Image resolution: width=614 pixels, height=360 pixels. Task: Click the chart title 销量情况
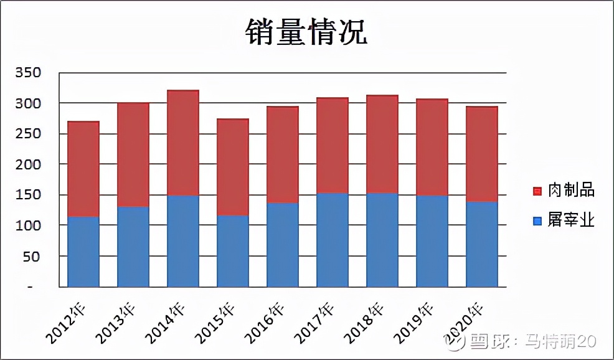point(306,32)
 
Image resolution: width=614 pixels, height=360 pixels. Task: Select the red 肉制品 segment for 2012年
point(83,169)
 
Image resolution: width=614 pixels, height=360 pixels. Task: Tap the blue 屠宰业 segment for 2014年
point(183,241)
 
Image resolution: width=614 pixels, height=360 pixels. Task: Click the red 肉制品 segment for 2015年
point(233,167)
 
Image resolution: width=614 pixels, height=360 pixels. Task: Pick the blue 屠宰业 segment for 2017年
point(333,240)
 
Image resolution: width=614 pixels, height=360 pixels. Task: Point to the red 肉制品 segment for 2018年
point(382,144)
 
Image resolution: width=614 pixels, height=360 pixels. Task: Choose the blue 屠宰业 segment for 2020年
point(482,244)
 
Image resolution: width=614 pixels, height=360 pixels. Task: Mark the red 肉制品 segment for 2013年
point(133,154)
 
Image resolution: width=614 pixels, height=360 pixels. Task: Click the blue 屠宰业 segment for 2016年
point(283,245)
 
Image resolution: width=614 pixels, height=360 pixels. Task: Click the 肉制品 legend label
point(571,190)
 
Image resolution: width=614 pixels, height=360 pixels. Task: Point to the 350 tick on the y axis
point(28,72)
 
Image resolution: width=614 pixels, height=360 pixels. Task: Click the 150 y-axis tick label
point(28,194)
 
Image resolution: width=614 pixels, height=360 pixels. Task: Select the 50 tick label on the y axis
point(32,256)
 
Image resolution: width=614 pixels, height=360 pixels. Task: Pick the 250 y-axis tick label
point(28,133)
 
